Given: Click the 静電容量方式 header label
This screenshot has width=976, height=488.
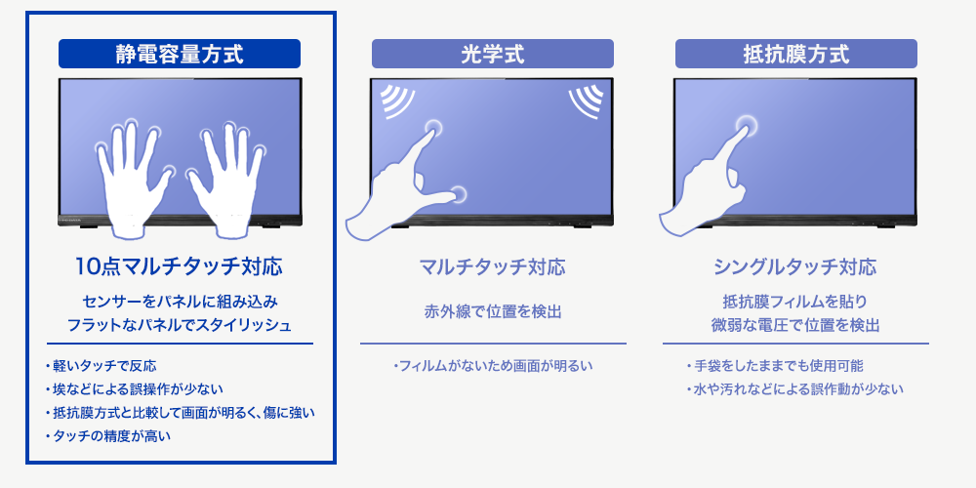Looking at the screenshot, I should pos(180,54).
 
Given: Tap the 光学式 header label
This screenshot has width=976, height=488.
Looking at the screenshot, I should pos(492,54).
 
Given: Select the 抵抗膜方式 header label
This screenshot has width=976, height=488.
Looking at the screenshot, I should pos(795,54).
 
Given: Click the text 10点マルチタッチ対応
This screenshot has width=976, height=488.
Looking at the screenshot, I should pos(180,265).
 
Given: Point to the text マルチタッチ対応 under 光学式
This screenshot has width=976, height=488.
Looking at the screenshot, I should pos(492,266).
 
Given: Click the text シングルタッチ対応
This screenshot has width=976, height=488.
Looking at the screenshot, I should pos(795,266).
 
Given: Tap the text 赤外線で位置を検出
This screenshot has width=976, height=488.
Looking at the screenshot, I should pos(492,312).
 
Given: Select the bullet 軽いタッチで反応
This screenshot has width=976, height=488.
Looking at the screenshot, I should pos(103,367).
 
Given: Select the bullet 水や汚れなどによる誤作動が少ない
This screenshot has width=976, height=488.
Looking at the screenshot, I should pos(796,389).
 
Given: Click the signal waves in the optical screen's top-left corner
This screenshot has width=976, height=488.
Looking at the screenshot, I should pos(394,100).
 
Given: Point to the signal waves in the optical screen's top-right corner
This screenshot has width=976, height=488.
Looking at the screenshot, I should pos(587,100).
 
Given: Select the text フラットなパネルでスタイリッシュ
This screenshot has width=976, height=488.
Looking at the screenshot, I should pos(180,324).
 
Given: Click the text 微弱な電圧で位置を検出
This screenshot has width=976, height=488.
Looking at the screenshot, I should pos(795,324).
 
